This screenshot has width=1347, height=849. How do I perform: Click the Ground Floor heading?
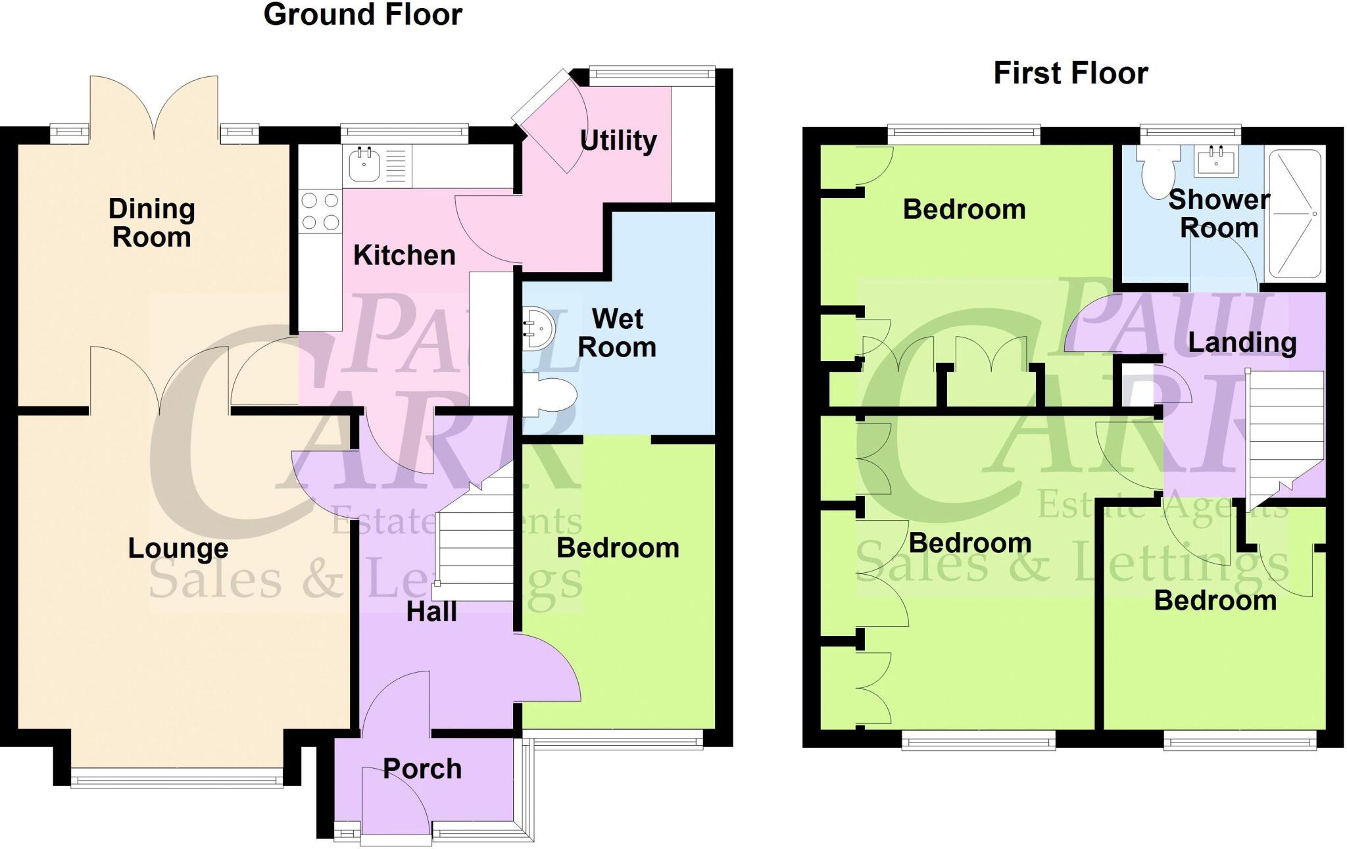point(362,14)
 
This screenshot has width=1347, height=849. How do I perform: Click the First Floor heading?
point(1070,73)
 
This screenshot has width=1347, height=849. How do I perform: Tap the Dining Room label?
point(151,223)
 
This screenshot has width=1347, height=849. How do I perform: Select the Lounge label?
point(178,548)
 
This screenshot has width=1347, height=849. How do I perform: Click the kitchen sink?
point(364,164)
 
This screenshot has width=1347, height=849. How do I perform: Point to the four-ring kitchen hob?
point(320,211)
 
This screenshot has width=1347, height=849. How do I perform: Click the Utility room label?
point(618,140)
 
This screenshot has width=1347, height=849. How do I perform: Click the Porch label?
point(422,769)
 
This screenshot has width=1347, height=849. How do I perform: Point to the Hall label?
point(431,612)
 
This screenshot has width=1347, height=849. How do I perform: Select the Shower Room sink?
point(1216,160)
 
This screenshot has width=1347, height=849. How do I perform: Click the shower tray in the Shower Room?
point(1294,214)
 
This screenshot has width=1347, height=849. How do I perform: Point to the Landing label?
point(1242,343)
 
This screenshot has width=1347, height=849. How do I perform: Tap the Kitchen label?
point(404,255)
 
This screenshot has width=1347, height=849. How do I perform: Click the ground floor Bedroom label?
point(618,548)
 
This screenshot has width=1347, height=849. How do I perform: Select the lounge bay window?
point(177,781)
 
